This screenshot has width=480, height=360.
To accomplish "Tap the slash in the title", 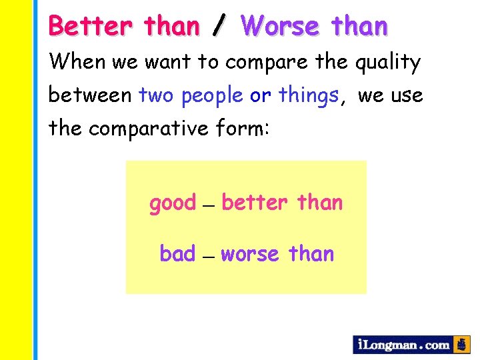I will click(x=217, y=27).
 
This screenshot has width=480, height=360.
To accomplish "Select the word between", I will click(x=90, y=95).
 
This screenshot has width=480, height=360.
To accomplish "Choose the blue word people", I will click(x=212, y=97).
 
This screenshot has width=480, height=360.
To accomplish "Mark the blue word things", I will click(x=309, y=97).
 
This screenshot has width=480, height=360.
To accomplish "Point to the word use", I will click(x=408, y=97).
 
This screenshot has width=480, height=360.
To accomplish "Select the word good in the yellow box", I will click(x=173, y=203).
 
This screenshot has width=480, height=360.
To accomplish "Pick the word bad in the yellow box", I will click(x=177, y=253).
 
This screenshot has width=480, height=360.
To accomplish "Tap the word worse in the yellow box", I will click(x=250, y=255).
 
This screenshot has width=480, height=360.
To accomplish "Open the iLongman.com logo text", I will click(x=403, y=345).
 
